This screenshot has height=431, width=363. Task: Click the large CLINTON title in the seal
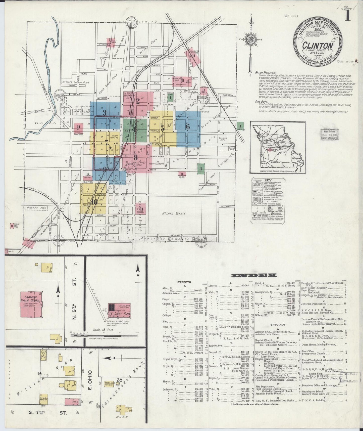click(x=318, y=46)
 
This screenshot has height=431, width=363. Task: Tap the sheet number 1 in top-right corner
click(x=348, y=16)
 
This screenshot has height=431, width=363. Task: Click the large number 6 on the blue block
click(x=187, y=127)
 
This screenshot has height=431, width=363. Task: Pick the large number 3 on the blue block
click(x=105, y=113)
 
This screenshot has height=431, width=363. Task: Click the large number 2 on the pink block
click(x=138, y=101)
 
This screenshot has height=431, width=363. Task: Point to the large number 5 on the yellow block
click(x=163, y=128)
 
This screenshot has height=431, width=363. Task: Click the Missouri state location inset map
click(x=278, y=147)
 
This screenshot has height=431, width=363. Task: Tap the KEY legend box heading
click(x=268, y=180)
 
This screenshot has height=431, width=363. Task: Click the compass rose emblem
click(x=250, y=39)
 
